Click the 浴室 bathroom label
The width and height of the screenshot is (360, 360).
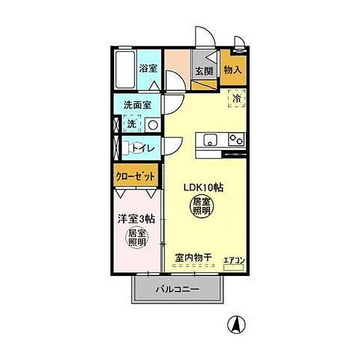tap(148, 68)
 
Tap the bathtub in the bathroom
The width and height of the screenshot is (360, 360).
tap(125, 70)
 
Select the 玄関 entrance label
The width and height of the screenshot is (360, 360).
tap(204, 71)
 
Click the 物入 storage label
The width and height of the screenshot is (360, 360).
tap(233, 70)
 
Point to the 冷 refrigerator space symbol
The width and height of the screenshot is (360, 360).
tap(237, 98)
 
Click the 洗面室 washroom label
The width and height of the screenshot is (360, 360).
tap(137, 105)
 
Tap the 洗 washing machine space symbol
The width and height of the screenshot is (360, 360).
tap(132, 124)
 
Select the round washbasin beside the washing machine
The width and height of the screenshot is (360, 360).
tap(153, 125)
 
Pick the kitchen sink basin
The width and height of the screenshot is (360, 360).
tap(210, 140)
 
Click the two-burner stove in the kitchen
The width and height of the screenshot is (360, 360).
tap(236, 139)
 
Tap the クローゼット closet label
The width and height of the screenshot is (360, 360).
tap(135, 176)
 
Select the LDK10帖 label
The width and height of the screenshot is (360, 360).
tap(203, 188)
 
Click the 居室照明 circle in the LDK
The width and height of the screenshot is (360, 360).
tap(201, 206)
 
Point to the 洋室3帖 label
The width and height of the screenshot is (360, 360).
tap(136, 219)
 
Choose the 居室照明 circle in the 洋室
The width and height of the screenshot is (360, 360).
tap(137, 238)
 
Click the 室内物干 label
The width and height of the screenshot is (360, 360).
tap(193, 257)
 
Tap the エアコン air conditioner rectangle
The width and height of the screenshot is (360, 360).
tap(233, 267)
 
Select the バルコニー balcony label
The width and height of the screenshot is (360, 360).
tap(178, 289)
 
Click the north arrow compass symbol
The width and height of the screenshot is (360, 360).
tap(236, 325)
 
